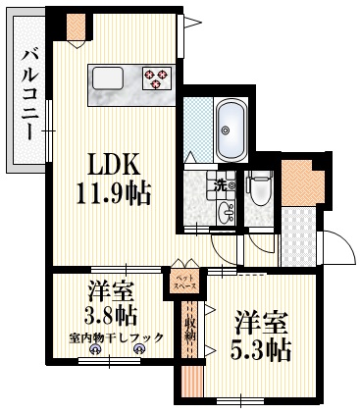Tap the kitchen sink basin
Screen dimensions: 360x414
[x=109, y=77]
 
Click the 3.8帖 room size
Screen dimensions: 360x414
[x=109, y=316]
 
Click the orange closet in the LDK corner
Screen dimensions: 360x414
[x=75, y=29]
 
